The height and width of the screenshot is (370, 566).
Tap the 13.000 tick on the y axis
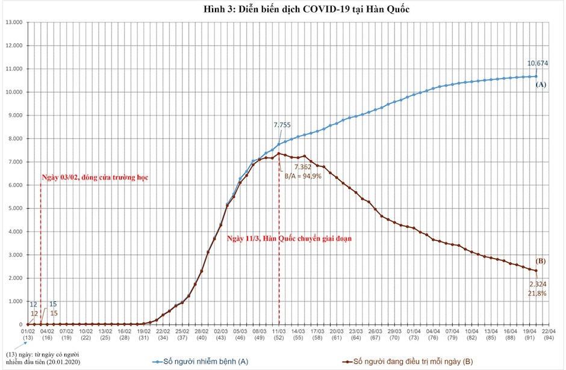(13, 22)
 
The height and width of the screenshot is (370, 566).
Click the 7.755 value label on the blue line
(282, 125)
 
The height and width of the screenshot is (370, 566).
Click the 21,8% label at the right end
(537, 293)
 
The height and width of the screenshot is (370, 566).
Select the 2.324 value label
(538, 283)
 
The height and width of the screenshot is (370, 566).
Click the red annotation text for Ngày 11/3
(290, 238)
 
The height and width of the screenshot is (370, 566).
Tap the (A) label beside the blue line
(540, 85)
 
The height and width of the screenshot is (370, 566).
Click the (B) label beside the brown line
(540, 261)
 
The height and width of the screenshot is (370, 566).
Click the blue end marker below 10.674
(536, 76)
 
